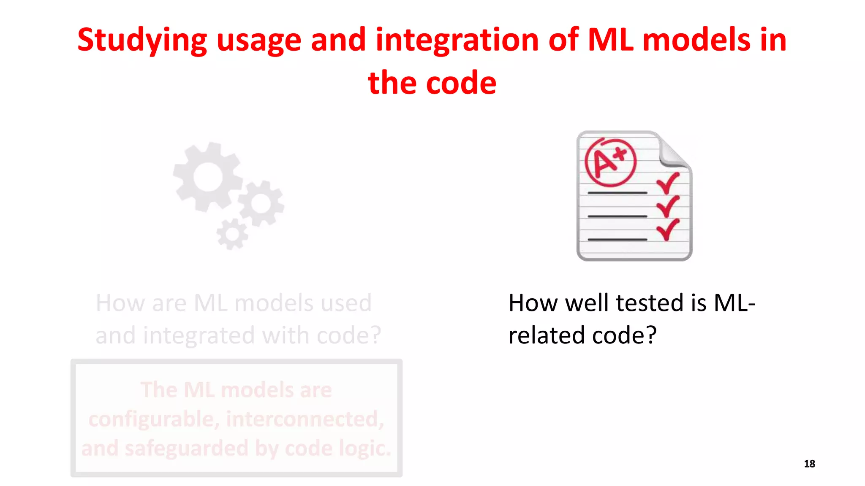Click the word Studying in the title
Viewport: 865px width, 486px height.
[142, 40]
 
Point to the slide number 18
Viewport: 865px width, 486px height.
[809, 464]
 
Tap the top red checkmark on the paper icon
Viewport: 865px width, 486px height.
[668, 183]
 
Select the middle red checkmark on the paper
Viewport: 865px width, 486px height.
[668, 206]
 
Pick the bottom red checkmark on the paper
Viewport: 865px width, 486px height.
[668, 229]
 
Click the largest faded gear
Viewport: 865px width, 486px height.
[208, 177]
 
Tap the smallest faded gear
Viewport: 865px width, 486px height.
[232, 235]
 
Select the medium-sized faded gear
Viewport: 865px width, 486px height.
[261, 204]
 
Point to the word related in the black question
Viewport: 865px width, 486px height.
[547, 335]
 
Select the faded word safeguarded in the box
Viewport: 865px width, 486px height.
[186, 448]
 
